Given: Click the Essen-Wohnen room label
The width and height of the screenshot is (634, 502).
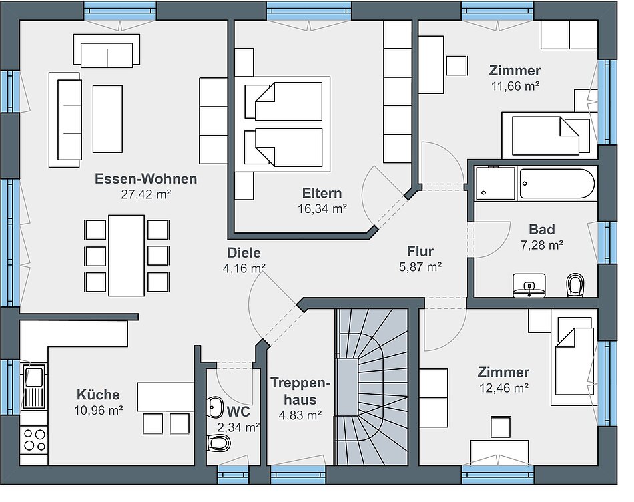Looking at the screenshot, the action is pyautogui.click(x=146, y=179).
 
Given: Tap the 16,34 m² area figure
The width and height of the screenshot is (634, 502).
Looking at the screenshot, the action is pyautogui.click(x=322, y=209).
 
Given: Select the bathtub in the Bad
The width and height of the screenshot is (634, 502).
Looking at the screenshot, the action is pyautogui.click(x=557, y=184).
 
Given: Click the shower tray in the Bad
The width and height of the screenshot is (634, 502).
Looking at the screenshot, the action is pyautogui.click(x=495, y=184).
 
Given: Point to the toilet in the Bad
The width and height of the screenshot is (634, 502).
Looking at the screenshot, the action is pyautogui.click(x=575, y=285).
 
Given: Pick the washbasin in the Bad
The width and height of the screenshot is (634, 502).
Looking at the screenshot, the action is pyautogui.click(x=529, y=286).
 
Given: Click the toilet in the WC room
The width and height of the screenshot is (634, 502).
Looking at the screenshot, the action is pyautogui.click(x=218, y=444).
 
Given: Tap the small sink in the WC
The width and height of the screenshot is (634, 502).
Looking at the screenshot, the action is pyautogui.click(x=215, y=407).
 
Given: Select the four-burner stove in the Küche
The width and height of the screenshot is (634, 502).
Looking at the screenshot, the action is pyautogui.click(x=34, y=440).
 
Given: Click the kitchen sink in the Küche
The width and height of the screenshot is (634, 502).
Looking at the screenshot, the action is pyautogui.click(x=34, y=387).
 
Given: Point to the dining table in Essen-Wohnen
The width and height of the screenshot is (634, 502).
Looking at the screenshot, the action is pyautogui.click(x=127, y=255).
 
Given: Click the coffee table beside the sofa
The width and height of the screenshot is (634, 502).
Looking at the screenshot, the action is pyautogui.click(x=107, y=119).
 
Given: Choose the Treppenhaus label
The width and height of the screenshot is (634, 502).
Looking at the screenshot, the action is pyautogui.click(x=300, y=391).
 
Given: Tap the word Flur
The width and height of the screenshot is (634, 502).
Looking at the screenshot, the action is pyautogui.click(x=420, y=251).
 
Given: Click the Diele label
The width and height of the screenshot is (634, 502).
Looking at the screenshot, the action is pyautogui.click(x=244, y=253).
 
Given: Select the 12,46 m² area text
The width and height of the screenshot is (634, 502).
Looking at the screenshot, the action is pyautogui.click(x=503, y=388).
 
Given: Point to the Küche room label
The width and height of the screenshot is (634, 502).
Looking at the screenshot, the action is pyautogui.click(x=98, y=395).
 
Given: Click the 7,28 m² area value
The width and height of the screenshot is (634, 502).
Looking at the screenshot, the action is pyautogui.click(x=542, y=245).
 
